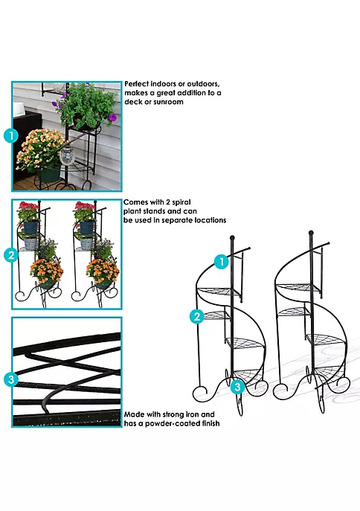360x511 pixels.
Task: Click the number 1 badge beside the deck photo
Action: pos(10,136)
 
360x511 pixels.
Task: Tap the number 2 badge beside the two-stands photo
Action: pos(10,254)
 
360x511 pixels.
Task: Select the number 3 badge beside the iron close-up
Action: pos(10,379)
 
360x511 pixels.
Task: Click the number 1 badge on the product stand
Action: pos(221,262)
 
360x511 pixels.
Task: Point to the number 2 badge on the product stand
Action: pos(197,316)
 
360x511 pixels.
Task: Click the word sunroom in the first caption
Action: pos(168,102)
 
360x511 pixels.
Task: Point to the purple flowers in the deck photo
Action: pos(112,117)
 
